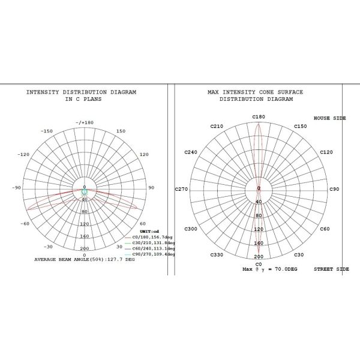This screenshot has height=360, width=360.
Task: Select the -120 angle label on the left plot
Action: (x=25, y=154)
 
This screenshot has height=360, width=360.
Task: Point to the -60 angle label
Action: (x=25, y=224)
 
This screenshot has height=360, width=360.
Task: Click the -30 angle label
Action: (x=48, y=247)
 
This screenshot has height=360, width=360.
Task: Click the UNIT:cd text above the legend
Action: (x=149, y=231)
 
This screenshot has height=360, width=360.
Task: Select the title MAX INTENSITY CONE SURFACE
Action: (x=255, y=92)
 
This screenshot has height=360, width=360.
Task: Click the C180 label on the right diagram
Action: (x=259, y=116)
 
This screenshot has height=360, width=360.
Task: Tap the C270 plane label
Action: (x=182, y=189)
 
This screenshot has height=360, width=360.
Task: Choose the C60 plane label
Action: (x=325, y=229)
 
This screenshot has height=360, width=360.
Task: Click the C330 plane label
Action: (x=217, y=255)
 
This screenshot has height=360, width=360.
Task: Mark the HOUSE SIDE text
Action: (x=330, y=118)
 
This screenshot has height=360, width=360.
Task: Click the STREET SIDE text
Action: (x=331, y=269)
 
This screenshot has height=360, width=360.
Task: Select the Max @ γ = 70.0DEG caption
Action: (x=270, y=270)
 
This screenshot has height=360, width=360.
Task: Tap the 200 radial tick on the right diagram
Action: (x=259, y=256)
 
